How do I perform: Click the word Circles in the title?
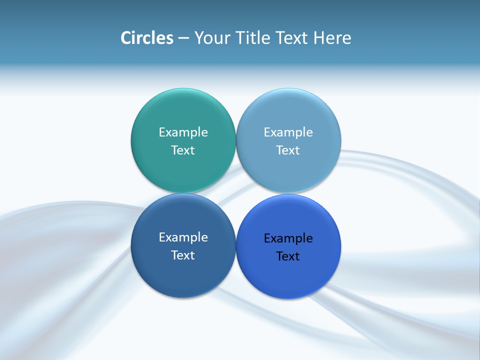point(147,38)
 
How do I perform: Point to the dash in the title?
point(183,38)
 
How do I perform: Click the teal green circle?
point(183,170)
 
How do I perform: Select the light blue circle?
point(288,170)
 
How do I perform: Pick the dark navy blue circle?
point(183,275)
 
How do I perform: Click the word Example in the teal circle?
point(183,132)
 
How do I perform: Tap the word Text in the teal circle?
point(183,150)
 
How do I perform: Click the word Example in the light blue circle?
point(288,132)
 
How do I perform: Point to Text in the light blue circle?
point(288,150)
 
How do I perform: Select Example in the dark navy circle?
point(183,237)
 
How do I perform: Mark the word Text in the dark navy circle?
point(183,255)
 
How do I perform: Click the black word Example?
point(288,238)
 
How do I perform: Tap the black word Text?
point(288,256)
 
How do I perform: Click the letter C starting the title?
point(126,38)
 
